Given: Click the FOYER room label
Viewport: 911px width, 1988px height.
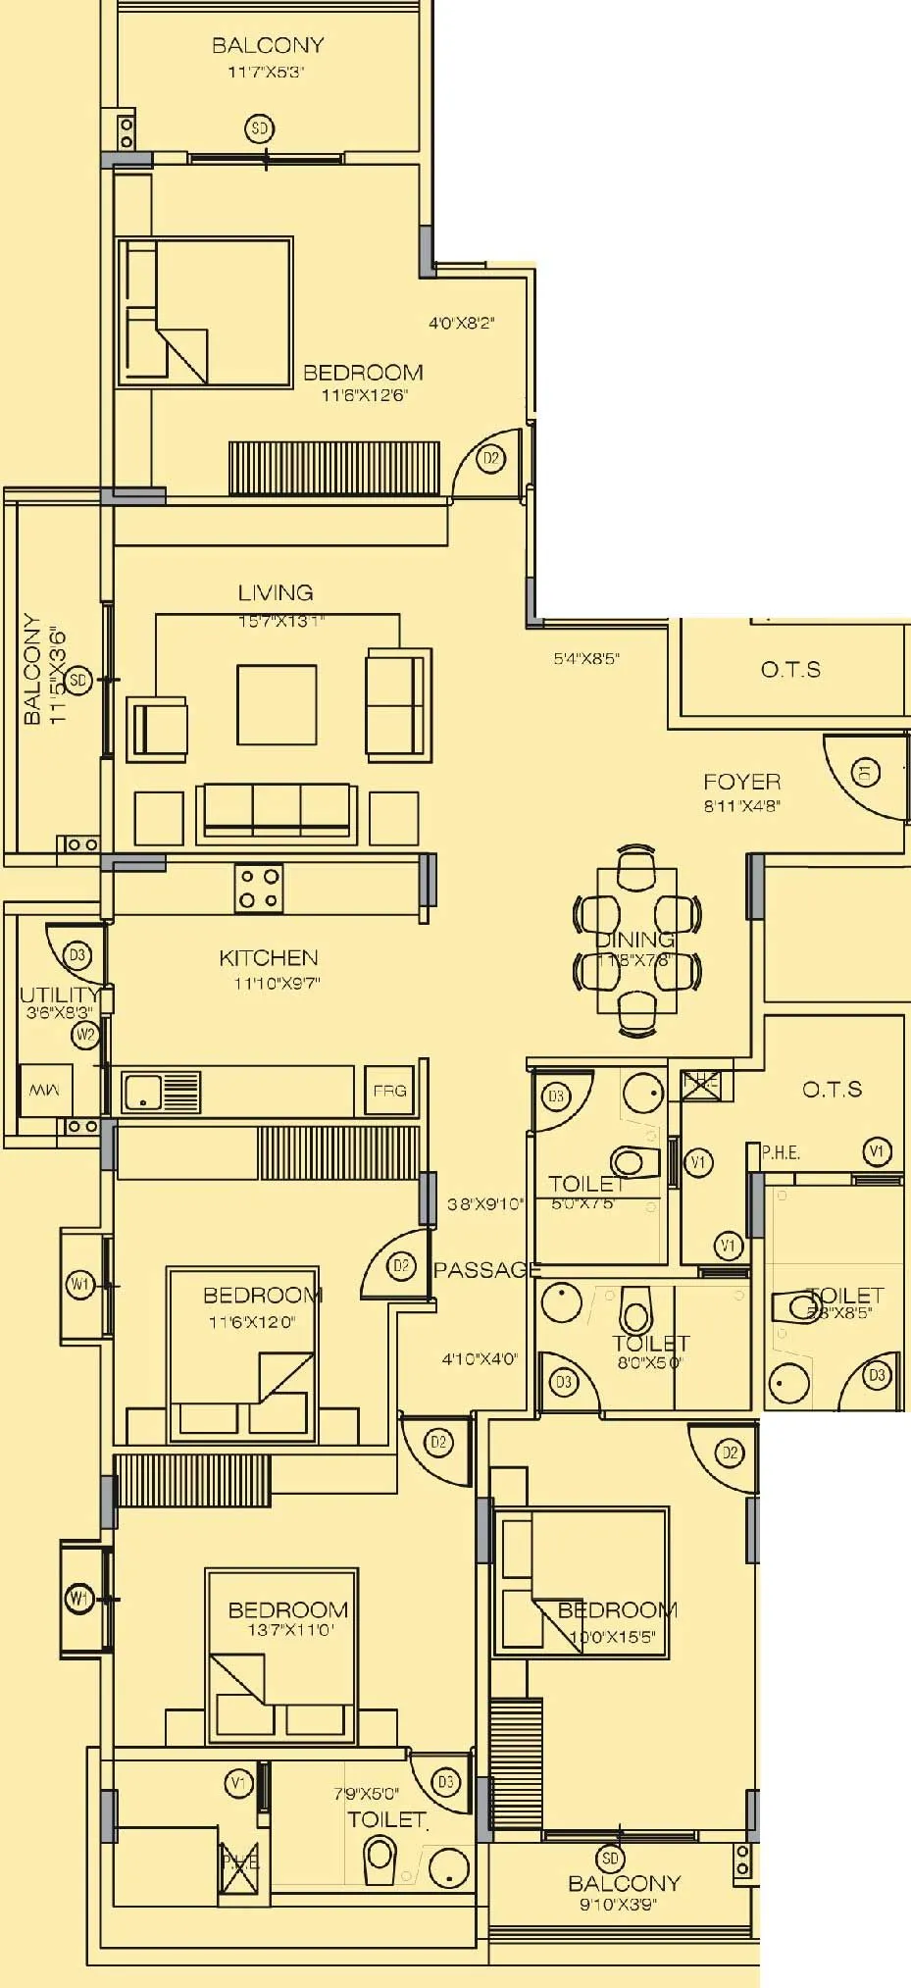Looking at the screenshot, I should point(741,782).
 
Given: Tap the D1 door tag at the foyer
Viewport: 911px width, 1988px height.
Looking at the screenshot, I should point(864,772).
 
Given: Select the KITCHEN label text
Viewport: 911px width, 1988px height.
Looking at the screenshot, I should point(268,957).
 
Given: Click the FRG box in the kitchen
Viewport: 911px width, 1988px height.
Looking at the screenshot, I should point(389,1091).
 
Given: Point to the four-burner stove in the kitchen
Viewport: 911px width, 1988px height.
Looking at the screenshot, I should point(259,888).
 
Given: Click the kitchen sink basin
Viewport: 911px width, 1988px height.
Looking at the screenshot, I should point(142,1091).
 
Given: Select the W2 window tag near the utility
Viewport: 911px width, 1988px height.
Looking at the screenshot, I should point(85,1035).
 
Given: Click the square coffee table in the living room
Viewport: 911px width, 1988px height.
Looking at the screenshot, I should point(277,704).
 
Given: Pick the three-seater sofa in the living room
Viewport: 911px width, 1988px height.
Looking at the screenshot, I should point(277,812).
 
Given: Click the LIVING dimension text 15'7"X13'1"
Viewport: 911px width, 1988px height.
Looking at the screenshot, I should point(280,621).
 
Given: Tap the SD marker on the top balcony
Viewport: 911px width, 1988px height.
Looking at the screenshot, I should point(259,128).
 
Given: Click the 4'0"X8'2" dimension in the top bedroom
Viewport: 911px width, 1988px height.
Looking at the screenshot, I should point(461,323).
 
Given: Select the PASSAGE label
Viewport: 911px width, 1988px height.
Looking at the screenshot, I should point(486,1270).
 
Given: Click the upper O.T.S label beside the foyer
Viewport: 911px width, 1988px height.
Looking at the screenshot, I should point(790,670).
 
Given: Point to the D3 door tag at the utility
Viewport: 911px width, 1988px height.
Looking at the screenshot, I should point(76,954).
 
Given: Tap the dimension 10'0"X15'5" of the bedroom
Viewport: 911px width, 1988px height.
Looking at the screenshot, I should point(613,1637).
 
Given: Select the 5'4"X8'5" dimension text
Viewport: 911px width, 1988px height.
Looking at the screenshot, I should point(586,659).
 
